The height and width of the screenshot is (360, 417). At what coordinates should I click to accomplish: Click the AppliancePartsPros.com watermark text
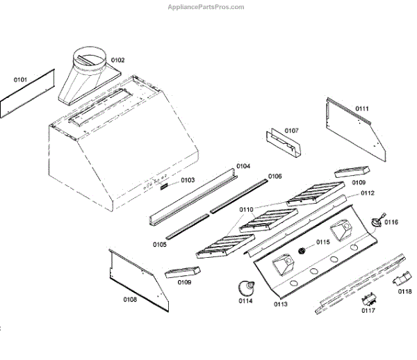tap(206, 7)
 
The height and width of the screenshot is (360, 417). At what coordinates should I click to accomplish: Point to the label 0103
tap(188, 181)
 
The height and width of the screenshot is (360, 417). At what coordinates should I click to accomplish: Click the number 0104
tap(243, 166)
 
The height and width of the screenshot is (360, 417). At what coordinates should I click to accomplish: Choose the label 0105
tap(160, 245)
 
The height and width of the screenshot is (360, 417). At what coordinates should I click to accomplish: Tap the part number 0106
tap(275, 177)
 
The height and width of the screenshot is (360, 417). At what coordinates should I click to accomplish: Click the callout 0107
tap(291, 131)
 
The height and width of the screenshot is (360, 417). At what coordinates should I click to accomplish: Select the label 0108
tap(130, 300)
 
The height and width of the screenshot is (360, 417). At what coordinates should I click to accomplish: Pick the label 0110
tap(247, 209)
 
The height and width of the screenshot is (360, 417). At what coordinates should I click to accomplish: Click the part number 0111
tap(362, 108)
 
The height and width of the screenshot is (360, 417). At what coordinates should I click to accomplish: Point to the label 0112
tap(367, 193)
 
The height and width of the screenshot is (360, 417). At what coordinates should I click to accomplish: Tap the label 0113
tap(281, 304)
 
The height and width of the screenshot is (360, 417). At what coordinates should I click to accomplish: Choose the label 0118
tap(404, 292)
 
